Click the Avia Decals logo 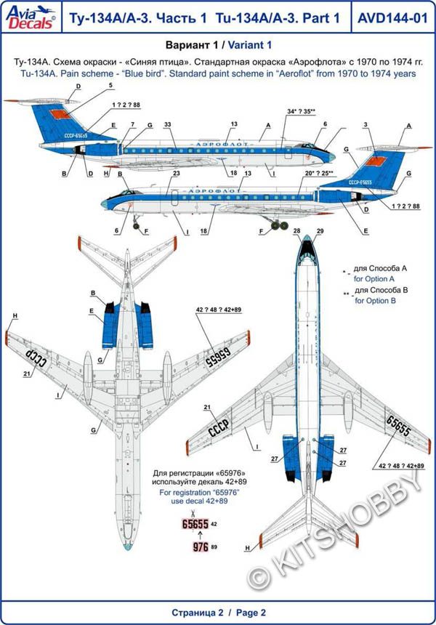click(x=27, y=16)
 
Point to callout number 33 click(x=169, y=126)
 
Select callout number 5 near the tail click(x=111, y=85)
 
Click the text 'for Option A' click(x=373, y=278)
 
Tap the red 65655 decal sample click(x=194, y=523)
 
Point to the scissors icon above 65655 click(x=194, y=512)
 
